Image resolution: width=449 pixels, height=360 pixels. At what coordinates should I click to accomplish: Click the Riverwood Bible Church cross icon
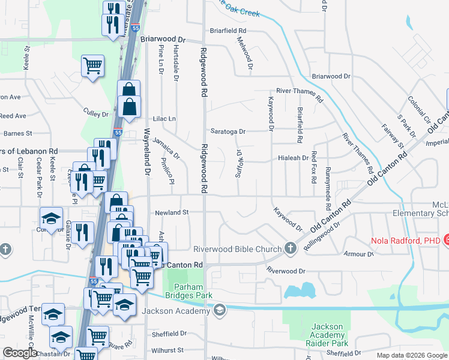coord(291,248)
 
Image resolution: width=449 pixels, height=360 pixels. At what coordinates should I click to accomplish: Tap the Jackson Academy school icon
coord(220,310)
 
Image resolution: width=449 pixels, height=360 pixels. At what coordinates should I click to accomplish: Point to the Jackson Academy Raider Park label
coord(327,335)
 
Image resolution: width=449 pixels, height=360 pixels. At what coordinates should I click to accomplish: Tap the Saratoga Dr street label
coord(228,131)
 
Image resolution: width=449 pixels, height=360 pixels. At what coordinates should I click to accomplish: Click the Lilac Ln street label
coord(164,119)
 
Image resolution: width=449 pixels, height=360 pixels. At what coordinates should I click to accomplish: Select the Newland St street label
coord(172,212)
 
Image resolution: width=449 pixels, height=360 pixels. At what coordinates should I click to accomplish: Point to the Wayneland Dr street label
coord(146,152)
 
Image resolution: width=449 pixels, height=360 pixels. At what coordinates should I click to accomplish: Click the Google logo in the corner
coord(20,353)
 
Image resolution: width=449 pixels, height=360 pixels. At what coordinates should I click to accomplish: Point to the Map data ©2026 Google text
coord(412,355)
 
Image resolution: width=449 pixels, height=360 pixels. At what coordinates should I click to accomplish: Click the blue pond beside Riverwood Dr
coord(300,292)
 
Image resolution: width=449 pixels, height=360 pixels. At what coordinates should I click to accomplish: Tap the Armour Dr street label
coord(359,254)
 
